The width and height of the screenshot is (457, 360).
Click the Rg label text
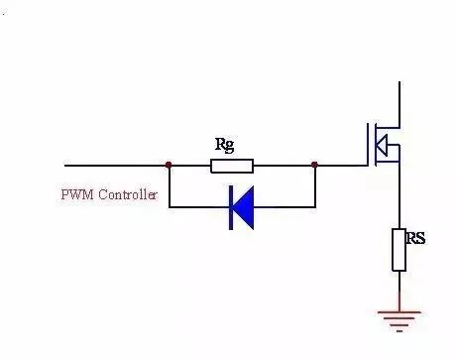tap(225, 145)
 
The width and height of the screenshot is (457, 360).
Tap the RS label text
tap(415, 238)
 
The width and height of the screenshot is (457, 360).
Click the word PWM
tap(77, 194)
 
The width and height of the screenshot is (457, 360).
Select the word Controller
tap(128, 194)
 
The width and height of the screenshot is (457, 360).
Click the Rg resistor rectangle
tap(232, 166)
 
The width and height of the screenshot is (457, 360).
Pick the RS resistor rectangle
tap(400, 250)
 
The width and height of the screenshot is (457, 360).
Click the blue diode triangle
tap(244, 207)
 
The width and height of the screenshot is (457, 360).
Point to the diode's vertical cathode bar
tap(231, 207)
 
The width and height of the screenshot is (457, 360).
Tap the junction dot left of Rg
tap(169, 165)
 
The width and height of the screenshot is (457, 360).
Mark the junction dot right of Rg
tap(314, 165)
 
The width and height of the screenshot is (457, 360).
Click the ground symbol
tap(400, 321)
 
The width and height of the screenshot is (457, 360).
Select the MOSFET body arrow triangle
tap(382, 145)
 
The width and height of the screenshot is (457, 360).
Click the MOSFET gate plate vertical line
tap(368, 145)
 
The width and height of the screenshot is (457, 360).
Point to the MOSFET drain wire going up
tap(400, 104)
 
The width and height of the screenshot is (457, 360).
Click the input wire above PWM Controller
tap(116, 165)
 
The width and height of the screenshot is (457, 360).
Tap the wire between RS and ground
tap(400, 291)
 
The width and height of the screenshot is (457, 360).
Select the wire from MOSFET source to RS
tap(400, 195)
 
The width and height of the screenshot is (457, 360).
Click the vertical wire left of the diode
tap(170, 186)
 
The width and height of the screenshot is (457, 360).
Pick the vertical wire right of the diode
tap(315, 186)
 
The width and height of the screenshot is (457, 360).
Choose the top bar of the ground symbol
tap(400, 311)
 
